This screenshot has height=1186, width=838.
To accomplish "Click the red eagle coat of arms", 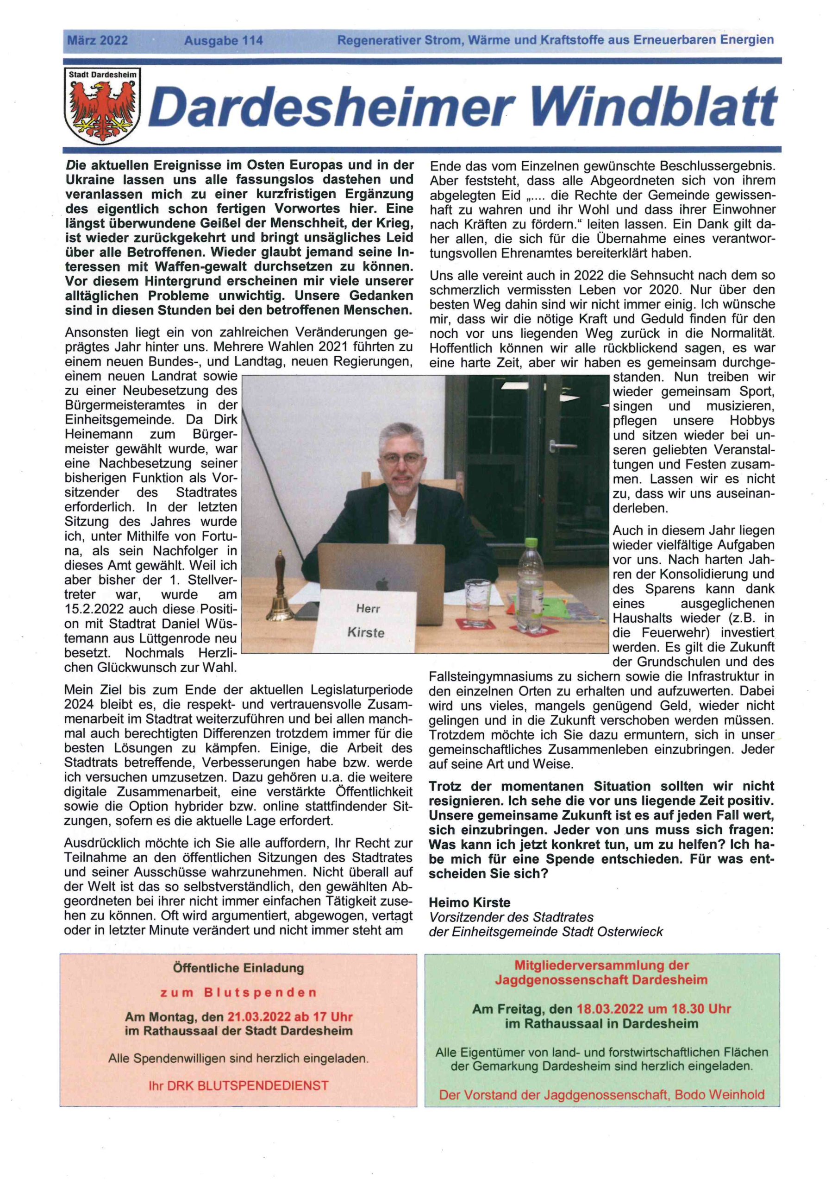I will pos(103,108).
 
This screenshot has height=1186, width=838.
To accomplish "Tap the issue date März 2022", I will pos(97,40).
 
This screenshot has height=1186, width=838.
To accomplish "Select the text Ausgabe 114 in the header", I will pos(223,40).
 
